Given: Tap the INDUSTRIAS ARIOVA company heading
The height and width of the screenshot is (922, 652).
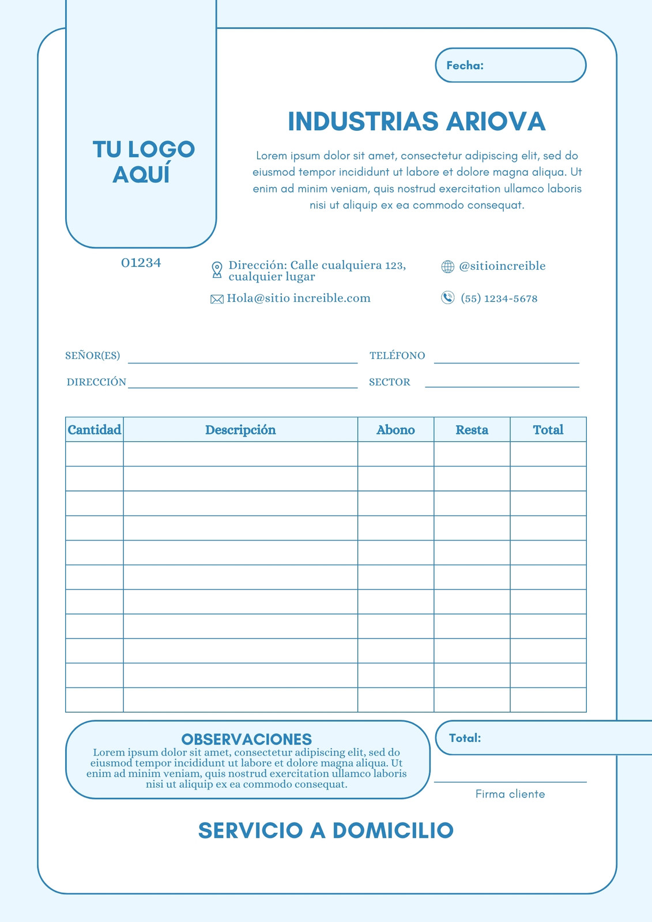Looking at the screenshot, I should pyautogui.click(x=416, y=122).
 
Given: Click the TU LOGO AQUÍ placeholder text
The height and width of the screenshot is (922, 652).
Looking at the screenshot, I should pyautogui.click(x=144, y=162).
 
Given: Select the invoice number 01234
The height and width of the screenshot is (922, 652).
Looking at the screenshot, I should pyautogui.click(x=141, y=263).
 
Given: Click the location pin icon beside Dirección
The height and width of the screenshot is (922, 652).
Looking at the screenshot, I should pyautogui.click(x=217, y=270).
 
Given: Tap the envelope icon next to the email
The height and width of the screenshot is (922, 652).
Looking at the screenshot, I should pyautogui.click(x=217, y=299).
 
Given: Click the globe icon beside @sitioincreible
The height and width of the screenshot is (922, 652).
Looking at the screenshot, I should pyautogui.click(x=447, y=266).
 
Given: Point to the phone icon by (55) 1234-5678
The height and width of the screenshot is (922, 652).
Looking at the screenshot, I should pyautogui.click(x=447, y=298).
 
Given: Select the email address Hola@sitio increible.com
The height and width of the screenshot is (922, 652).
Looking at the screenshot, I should pyautogui.click(x=299, y=298).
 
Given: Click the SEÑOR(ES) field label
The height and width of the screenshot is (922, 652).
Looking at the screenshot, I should pyautogui.click(x=93, y=356).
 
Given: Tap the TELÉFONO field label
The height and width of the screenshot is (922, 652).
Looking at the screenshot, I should pyautogui.click(x=397, y=356).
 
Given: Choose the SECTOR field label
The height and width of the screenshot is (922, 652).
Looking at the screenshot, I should pyautogui.click(x=390, y=382).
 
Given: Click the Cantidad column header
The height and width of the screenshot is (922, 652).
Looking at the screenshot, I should pyautogui.click(x=95, y=430).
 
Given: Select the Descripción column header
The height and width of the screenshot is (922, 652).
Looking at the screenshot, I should pyautogui.click(x=240, y=430).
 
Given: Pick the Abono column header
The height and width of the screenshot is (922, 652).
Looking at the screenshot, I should pyautogui.click(x=395, y=430).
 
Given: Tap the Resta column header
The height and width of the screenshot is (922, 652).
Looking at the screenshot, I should pyautogui.click(x=472, y=430).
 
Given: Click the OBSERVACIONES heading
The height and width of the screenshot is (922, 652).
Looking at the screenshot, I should pyautogui.click(x=247, y=739).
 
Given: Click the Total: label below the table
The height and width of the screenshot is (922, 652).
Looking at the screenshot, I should pyautogui.click(x=465, y=738).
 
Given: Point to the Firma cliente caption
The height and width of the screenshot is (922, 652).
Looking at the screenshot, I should pyautogui.click(x=510, y=794).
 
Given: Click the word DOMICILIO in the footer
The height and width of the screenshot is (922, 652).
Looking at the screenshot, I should pyautogui.click(x=393, y=830).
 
